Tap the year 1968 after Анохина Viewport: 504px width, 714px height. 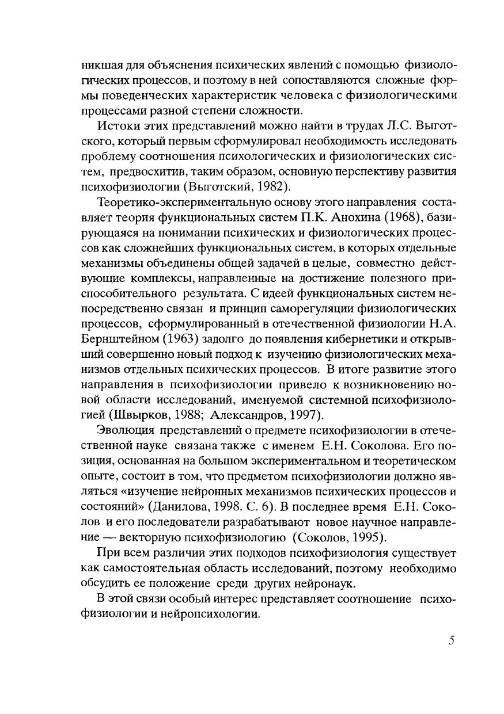click(x=408, y=220)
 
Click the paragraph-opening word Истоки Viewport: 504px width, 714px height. click(x=115, y=127)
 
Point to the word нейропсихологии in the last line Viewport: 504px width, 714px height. click(x=206, y=614)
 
